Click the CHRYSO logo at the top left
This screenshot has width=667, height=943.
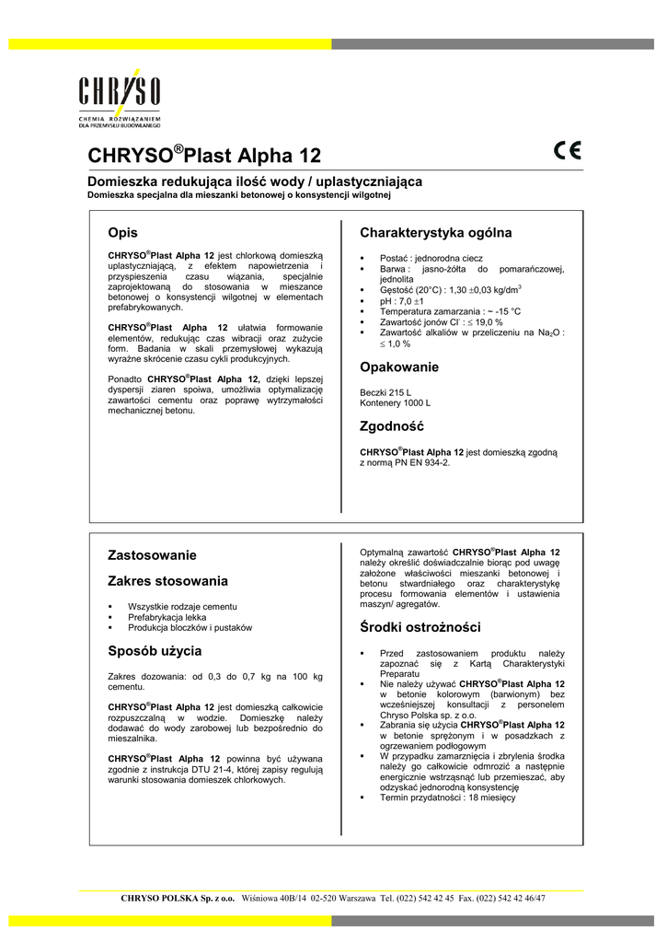point(120,96)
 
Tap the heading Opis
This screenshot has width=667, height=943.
point(123,233)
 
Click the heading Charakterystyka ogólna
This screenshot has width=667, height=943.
point(435,233)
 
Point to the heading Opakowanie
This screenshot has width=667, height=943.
point(399,367)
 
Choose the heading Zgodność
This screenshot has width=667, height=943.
point(391,426)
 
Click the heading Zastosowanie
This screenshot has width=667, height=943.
point(152,555)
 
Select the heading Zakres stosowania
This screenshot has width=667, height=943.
point(167,581)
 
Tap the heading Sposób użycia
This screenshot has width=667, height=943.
point(155,651)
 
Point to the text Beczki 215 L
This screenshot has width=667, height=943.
point(385,392)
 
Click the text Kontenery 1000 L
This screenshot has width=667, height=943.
point(395,403)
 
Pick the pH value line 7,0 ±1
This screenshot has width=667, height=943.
point(397,300)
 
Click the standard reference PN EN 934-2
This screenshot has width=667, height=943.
point(418,462)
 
